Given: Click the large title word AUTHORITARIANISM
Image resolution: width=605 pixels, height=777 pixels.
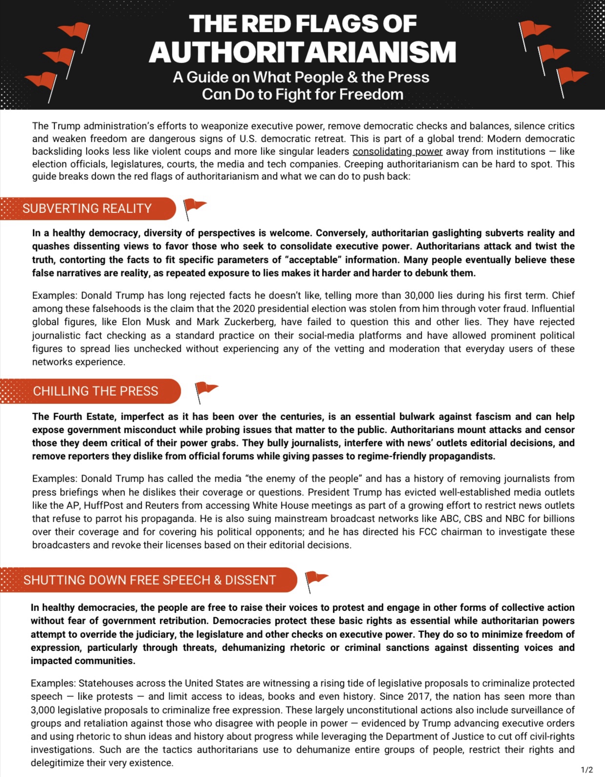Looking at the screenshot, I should pyautogui.click(x=302, y=52).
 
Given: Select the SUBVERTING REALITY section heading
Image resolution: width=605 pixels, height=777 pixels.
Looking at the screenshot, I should pyautogui.click(x=87, y=209).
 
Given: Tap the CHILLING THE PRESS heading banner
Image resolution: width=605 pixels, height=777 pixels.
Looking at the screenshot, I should pyautogui.click(x=95, y=391).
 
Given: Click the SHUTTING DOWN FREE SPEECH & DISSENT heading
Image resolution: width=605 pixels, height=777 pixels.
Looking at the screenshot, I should pyautogui.click(x=150, y=580).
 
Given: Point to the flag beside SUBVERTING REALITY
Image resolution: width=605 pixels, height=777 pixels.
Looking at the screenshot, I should pyautogui.click(x=194, y=207).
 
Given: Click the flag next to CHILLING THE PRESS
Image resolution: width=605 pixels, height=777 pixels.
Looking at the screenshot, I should pyautogui.click(x=206, y=391).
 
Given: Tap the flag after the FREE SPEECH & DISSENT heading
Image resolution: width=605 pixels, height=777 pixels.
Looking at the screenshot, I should pyautogui.click(x=316, y=580).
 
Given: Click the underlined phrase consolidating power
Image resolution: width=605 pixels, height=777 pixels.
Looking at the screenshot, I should pyautogui.click(x=397, y=151).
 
